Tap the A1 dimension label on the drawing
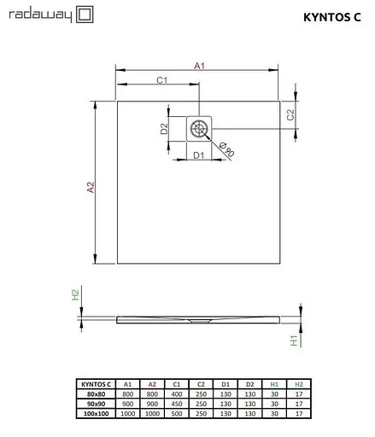tap(198, 65)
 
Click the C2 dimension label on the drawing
tap(290, 114)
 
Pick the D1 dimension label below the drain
tap(197, 155)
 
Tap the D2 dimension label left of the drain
tap(164, 129)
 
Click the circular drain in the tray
tap(199, 128)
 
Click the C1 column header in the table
tap(176, 384)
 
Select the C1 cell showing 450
tap(176, 403)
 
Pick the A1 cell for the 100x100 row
tap(127, 412)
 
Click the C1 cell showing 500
tap(176, 412)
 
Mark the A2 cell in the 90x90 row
tap(152, 403)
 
